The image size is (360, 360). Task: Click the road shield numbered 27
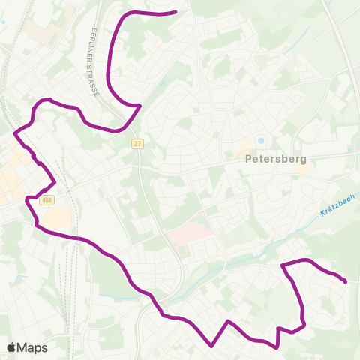point(137,143)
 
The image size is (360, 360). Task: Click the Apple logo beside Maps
point(11,347)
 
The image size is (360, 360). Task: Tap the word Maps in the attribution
point(32,347)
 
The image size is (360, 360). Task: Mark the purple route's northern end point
point(175,12)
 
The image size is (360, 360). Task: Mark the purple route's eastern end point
point(345,282)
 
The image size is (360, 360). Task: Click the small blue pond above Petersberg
point(261,140)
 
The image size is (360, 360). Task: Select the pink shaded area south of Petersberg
point(187,232)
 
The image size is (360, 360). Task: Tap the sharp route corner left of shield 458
point(27,199)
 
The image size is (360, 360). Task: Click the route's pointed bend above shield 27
point(140,106)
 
